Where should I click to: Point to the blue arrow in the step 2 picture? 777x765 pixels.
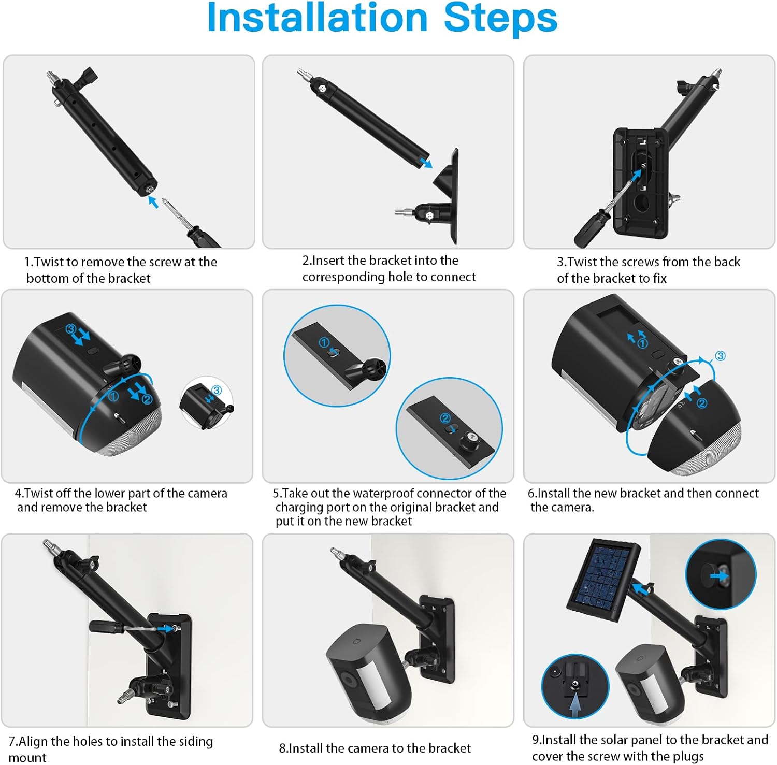tap(426, 163)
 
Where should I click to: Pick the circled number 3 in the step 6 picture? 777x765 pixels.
tap(720, 356)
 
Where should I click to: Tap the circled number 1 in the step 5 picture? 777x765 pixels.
tap(324, 342)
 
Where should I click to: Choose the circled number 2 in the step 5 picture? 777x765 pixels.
tap(445, 418)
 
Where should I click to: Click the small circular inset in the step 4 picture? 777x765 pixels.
tap(206, 403)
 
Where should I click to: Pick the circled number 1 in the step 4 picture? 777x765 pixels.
tap(113, 396)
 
